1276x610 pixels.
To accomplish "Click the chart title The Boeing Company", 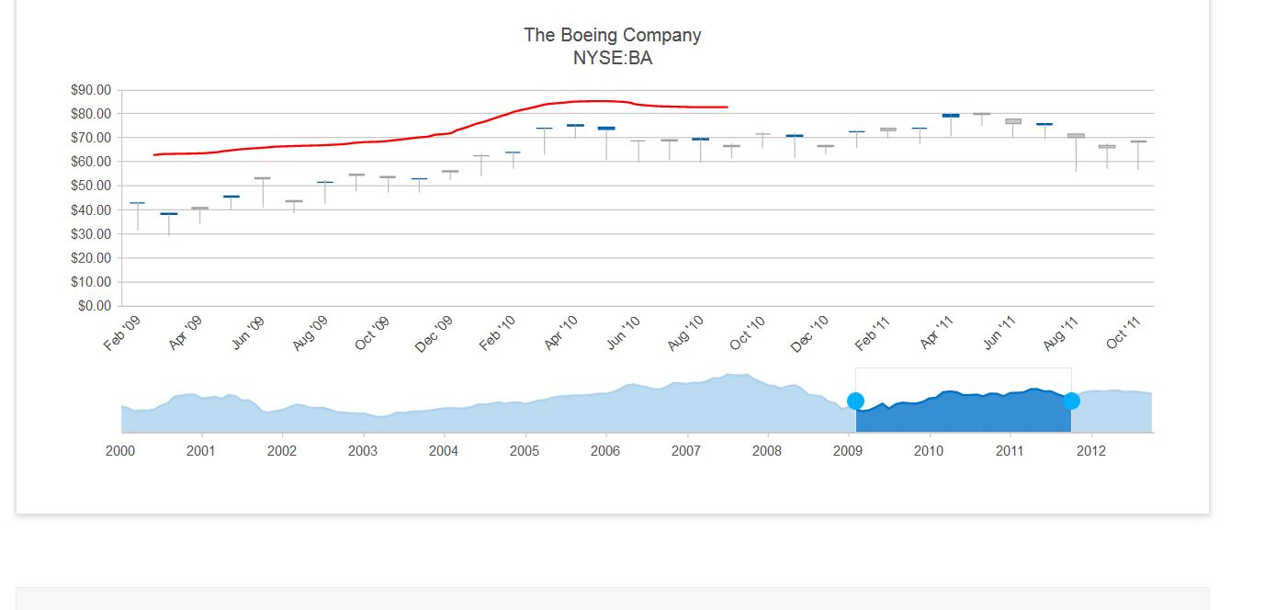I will [x=612, y=35].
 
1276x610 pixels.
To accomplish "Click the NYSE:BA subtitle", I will [x=612, y=59].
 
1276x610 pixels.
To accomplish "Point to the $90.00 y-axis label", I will [x=90, y=90].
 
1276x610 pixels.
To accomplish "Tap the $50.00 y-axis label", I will [x=90, y=186].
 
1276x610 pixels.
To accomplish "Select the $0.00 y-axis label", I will [x=93, y=306].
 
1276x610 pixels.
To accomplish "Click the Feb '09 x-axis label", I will [x=123, y=333].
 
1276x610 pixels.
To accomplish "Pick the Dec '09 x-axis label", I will [x=434, y=333].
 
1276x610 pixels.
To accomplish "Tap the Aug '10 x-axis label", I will [x=685, y=333].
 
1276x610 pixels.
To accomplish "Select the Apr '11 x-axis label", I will [x=937, y=333].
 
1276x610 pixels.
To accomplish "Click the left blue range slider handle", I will [x=855, y=401].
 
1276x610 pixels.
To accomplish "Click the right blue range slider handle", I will [x=1071, y=401].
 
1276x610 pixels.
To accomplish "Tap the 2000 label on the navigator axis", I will [x=120, y=451].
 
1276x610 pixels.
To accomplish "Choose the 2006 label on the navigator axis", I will [x=605, y=451].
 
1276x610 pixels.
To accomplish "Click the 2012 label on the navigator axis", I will [x=1090, y=451].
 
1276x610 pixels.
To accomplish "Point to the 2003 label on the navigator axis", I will [x=363, y=451].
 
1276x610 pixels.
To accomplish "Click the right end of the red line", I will [x=727, y=107].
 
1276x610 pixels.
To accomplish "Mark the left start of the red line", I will [x=154, y=154].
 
